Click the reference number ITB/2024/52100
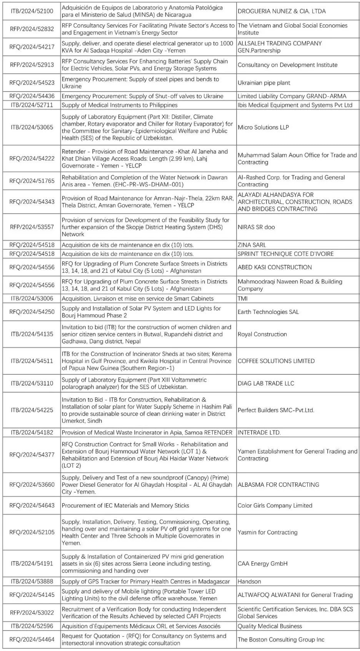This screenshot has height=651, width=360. (32, 11)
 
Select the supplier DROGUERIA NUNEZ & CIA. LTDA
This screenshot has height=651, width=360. (282, 11)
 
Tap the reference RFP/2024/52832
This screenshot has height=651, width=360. (32, 29)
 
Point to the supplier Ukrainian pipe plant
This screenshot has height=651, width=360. (264, 83)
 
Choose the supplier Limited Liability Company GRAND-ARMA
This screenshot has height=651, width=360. (292, 96)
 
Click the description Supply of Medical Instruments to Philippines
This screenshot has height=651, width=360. (120, 105)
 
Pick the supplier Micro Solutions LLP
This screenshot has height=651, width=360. (263, 127)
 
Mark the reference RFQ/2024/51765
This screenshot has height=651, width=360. (32, 181)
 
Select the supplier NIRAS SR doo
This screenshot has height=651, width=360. (256, 227)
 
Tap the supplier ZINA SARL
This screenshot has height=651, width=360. (252, 245)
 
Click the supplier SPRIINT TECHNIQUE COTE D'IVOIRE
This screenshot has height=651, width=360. (285, 254)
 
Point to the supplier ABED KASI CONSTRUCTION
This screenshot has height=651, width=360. (275, 267)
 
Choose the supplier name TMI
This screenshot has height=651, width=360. (243, 298)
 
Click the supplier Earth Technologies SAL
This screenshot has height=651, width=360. (268, 312)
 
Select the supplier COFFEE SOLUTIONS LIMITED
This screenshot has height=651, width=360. (276, 361)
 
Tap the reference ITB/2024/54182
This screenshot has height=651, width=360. (32, 432)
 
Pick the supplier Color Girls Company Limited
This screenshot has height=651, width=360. (275, 506)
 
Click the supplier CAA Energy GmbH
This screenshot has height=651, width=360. (263, 564)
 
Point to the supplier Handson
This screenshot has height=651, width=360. (249, 581)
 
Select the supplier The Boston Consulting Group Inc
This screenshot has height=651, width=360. (281, 639)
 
